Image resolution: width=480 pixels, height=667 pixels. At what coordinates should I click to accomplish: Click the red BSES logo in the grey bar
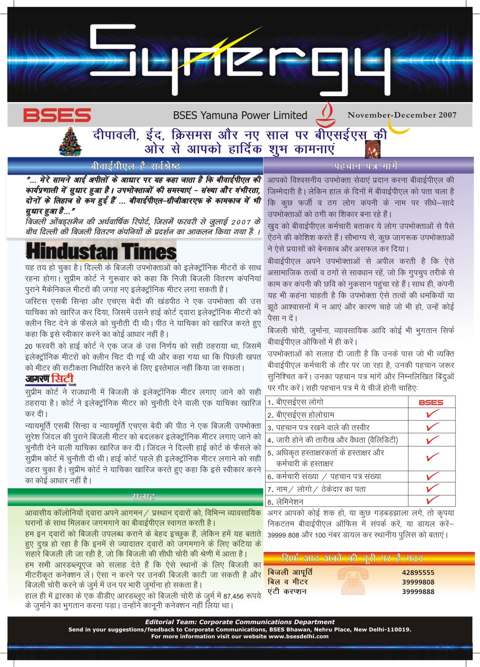pos(57,115)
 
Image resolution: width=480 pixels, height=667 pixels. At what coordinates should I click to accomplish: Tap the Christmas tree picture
pos(70,142)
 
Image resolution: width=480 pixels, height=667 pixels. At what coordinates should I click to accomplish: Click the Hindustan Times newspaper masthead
pos(101,252)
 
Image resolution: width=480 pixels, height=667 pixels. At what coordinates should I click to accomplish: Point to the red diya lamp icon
pos(325,114)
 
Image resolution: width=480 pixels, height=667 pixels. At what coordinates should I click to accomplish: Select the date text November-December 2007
pos(402,115)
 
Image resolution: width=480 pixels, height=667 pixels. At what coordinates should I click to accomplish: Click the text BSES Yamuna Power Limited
pos(240,115)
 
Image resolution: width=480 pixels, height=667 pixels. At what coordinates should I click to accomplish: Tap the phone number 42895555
pos(418,573)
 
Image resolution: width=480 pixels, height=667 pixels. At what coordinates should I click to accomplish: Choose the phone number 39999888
pos(418,592)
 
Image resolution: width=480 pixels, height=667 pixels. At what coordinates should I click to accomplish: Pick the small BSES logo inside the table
pos(431,403)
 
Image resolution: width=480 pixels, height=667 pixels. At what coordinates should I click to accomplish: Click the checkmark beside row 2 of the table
pos(432,414)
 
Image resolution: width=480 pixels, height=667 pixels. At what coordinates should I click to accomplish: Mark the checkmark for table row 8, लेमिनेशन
pos(432,500)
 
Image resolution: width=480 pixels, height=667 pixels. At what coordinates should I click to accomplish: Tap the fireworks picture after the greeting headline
pos(372,149)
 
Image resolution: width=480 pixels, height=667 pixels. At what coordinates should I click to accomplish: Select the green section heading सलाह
pos(143,496)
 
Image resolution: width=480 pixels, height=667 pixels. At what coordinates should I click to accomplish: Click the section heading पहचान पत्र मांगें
pos(366,166)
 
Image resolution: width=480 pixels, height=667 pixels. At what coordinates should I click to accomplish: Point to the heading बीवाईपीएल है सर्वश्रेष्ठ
pos(136,166)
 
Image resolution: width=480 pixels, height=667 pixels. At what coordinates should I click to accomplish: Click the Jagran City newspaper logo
pos(49,379)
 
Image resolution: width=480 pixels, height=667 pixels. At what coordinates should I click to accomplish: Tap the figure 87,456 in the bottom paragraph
pos(234,596)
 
